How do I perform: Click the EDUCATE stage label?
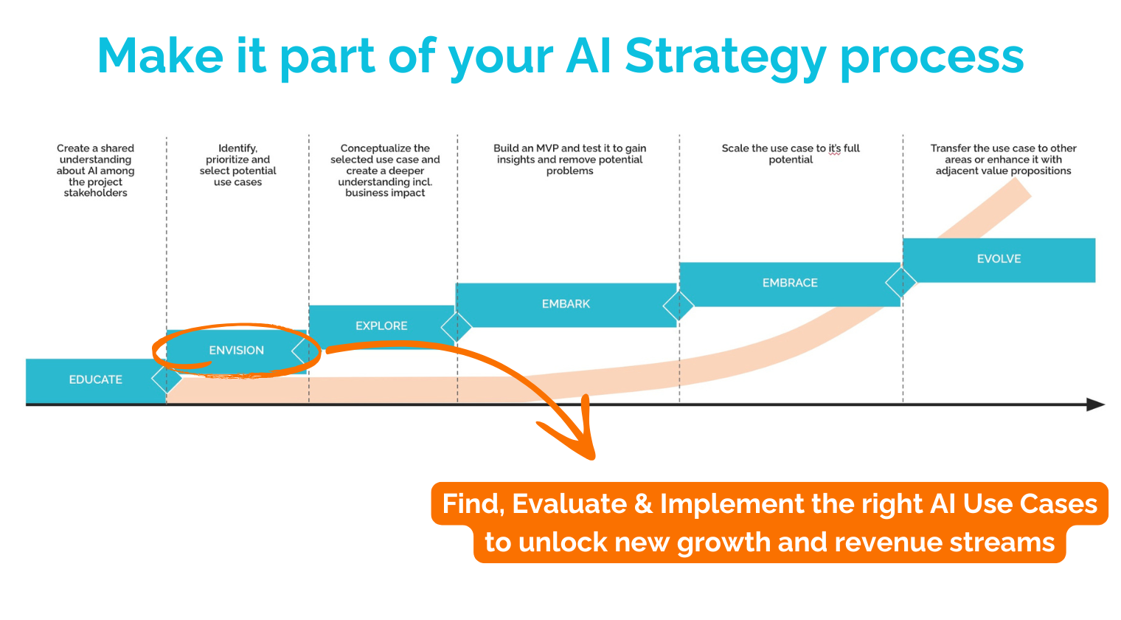[95, 379]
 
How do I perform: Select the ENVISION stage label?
[236, 351]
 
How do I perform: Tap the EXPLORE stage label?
[381, 325]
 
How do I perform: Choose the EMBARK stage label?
[566, 303]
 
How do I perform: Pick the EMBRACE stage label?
[790, 283]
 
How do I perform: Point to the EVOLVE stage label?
[999, 259]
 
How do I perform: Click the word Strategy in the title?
[725, 57]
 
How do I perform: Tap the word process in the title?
[932, 57]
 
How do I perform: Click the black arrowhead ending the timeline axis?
[1096, 404]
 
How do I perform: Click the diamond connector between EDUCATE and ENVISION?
[167, 378]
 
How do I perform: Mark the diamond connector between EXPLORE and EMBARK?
[456, 326]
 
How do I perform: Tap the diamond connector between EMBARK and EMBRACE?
[678, 305]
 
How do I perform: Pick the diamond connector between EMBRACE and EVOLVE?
[900, 282]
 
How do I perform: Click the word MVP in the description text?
[547, 148]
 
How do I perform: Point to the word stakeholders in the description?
[95, 193]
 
